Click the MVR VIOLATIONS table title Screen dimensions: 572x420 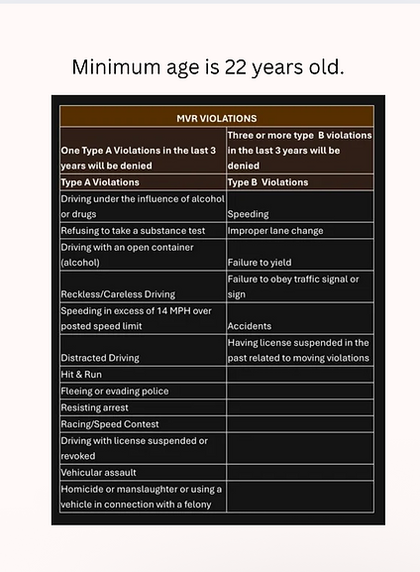point(216,118)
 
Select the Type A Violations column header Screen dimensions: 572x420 point(100,182)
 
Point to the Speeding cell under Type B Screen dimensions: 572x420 point(248,214)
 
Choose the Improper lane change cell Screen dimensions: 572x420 point(274,231)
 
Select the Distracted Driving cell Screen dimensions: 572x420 point(100,358)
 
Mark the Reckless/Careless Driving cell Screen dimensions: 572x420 point(117,294)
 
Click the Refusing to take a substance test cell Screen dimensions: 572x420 point(133,231)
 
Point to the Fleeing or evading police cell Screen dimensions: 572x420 point(114,392)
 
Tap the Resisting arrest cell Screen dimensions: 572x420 point(94,407)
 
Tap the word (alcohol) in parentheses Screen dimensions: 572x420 point(82,263)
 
